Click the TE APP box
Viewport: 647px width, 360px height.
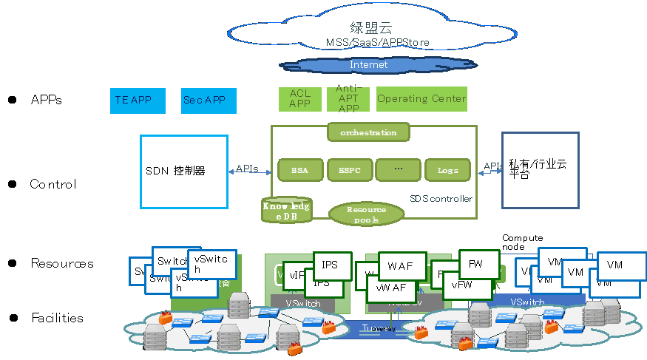(x=138, y=100)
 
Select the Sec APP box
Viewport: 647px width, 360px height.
(x=209, y=100)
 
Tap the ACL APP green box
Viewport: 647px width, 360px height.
(x=299, y=99)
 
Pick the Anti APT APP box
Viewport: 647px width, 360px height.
(x=348, y=99)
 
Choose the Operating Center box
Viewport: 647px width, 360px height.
(x=421, y=99)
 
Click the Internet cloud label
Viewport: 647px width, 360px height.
(x=368, y=65)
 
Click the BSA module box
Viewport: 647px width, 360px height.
(x=299, y=170)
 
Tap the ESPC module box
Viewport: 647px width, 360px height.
(x=349, y=170)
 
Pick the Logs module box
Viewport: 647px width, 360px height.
(x=447, y=170)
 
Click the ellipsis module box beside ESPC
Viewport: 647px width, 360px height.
(x=398, y=170)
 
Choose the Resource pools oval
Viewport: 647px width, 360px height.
(x=366, y=214)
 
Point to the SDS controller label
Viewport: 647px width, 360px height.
(x=441, y=199)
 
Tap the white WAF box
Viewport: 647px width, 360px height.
(x=402, y=265)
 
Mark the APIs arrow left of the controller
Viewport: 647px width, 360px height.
(x=247, y=169)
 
